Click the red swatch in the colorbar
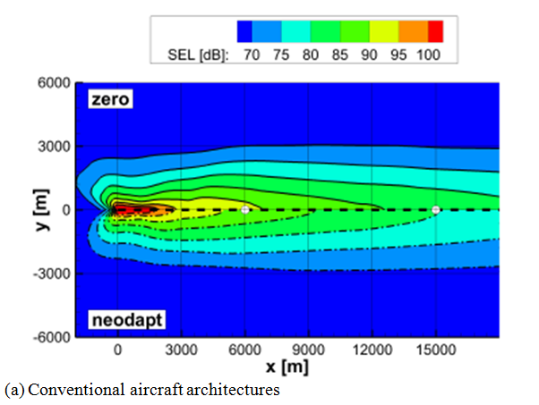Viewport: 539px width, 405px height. (436, 32)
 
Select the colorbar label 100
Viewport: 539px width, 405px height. (429, 55)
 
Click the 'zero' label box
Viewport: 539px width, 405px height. (109, 99)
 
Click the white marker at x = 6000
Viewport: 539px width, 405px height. (245, 209)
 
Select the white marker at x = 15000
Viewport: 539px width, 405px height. (436, 210)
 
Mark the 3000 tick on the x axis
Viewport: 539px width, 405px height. (182, 350)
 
